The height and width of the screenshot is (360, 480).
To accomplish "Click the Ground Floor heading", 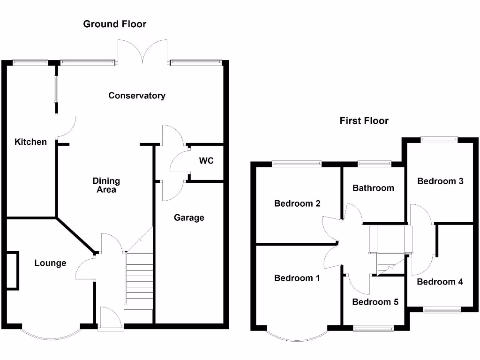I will pyautogui.click(x=115, y=24).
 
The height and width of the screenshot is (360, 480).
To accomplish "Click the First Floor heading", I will pyautogui.click(x=364, y=121).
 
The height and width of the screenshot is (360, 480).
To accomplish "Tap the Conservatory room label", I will pyautogui.click(x=137, y=96).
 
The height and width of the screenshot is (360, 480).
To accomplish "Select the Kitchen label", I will pyautogui.click(x=31, y=142).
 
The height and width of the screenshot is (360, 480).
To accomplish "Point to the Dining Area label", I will pyautogui.click(x=106, y=185).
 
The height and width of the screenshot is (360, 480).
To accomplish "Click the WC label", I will pyautogui.click(x=206, y=161).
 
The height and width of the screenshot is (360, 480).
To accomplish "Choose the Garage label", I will pyautogui.click(x=189, y=217).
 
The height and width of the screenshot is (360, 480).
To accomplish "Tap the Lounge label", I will pyautogui.click(x=50, y=263).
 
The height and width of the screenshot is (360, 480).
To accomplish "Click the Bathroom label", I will pyautogui.click(x=373, y=188).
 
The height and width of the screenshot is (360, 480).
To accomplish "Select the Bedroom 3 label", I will pyautogui.click(x=440, y=181).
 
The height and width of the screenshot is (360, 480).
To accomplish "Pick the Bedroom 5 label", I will pyautogui.click(x=375, y=302).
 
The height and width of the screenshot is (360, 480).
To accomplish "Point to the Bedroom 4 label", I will pyautogui.click(x=440, y=282).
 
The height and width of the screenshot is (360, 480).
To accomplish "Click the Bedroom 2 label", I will pyautogui.click(x=297, y=203).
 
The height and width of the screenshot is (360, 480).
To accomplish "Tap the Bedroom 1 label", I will pyautogui.click(x=297, y=278).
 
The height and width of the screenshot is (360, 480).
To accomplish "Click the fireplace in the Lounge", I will pyautogui.click(x=12, y=271).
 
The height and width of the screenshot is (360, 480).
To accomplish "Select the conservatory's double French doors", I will pyautogui.click(x=142, y=52).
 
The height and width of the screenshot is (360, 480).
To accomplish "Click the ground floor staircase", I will pyautogui.click(x=139, y=280).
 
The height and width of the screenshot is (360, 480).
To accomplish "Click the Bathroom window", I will pyautogui.click(x=374, y=164).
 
